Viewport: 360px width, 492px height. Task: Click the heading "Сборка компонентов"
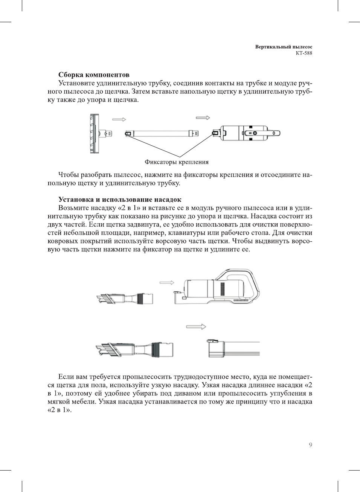coord(94,75)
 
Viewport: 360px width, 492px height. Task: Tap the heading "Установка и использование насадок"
coord(120,200)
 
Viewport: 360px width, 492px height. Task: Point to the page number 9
coord(310,445)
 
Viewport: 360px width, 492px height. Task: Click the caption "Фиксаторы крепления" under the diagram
coord(176,162)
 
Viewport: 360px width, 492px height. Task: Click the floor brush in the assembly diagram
coord(96,134)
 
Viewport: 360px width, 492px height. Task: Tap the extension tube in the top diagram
coord(162,133)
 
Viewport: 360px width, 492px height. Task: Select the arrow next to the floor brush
coord(119,119)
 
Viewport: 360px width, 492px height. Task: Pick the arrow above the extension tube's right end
coord(203,118)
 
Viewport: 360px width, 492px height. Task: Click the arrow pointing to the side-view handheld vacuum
coord(167,283)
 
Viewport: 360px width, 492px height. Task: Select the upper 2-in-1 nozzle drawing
coord(125,299)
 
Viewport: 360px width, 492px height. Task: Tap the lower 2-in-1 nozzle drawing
coord(134,349)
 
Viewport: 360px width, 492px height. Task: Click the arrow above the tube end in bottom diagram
coord(196,327)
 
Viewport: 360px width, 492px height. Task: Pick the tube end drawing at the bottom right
coord(233,349)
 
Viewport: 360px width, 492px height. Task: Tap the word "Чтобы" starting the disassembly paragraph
coord(69,175)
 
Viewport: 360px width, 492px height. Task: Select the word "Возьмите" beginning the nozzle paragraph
coord(73,208)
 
